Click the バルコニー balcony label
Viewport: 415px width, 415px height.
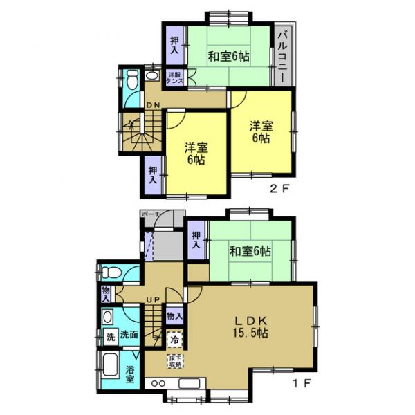click(282, 55)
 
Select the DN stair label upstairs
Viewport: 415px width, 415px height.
click(154, 105)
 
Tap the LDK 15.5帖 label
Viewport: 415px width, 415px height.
click(250, 326)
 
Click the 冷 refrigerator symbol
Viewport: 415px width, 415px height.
click(175, 340)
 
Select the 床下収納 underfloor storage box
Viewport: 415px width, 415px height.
click(174, 361)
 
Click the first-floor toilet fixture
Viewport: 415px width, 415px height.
click(109, 272)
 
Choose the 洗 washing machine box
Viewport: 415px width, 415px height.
click(109, 338)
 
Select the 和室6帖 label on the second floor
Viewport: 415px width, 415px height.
click(228, 55)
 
